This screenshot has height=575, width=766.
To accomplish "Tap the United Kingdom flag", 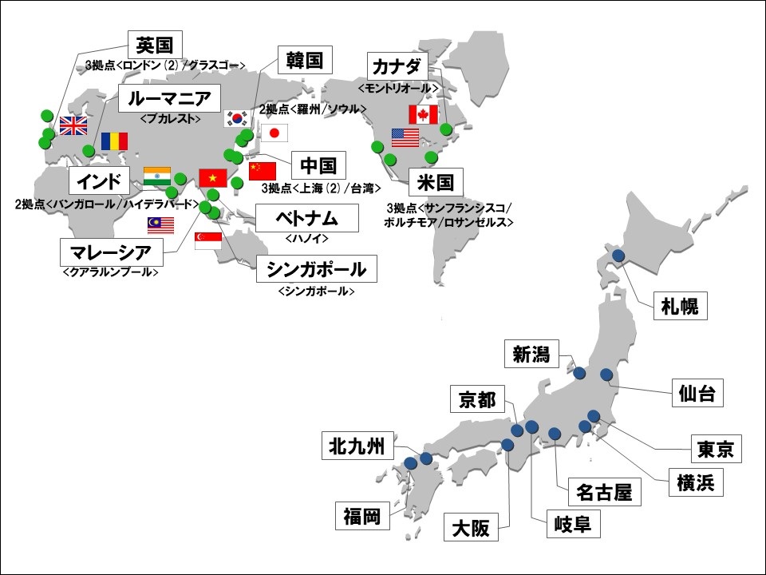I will click(x=73, y=125).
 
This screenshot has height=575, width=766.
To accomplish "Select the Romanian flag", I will click(x=114, y=141).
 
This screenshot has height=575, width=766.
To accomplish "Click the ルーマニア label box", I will click(x=169, y=100).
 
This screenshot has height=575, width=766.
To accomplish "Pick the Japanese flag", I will click(x=274, y=133).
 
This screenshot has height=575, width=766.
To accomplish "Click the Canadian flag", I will click(x=424, y=114).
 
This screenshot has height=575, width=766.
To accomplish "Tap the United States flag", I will click(x=405, y=138).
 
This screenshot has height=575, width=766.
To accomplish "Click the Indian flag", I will click(x=157, y=176).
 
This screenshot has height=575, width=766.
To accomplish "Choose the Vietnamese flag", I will click(x=213, y=177).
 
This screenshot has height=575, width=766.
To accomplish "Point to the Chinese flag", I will click(x=262, y=171).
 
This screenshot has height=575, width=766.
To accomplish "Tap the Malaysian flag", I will click(x=161, y=225).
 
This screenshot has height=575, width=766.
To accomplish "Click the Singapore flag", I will click(x=208, y=240).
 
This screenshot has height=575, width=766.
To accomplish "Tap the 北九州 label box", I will click(x=358, y=447).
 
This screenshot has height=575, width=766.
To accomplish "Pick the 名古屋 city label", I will click(x=604, y=493).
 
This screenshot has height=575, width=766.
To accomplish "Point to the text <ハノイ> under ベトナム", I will click(x=307, y=238).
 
